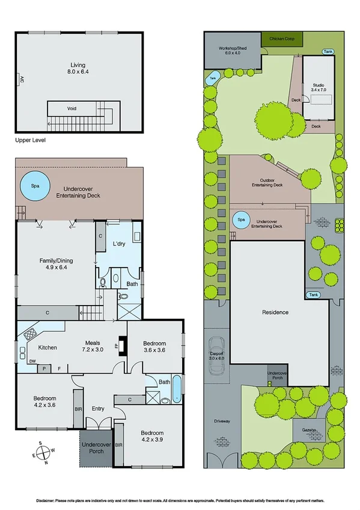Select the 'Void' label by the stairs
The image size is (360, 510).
72,108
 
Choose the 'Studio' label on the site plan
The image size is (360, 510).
317,85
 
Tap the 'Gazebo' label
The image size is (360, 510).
308,430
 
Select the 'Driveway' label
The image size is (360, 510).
221,421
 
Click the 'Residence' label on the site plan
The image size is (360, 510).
275,312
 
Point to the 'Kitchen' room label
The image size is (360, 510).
48,348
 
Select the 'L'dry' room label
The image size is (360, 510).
118,244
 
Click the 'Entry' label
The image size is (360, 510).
99,408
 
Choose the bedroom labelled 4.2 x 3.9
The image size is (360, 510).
151,436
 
